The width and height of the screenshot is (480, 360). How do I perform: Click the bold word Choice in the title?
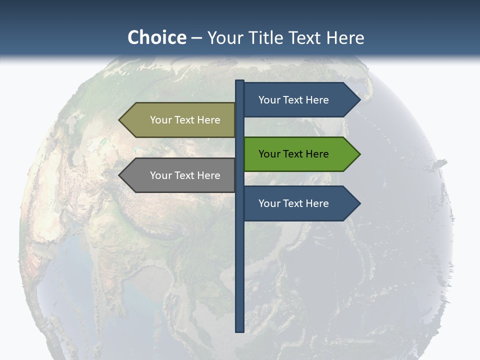(156, 37)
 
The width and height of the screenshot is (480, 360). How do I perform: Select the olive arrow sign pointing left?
(180, 120)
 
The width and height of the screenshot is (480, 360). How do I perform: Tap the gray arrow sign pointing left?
(180, 175)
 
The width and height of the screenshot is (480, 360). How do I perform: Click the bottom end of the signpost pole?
(240, 330)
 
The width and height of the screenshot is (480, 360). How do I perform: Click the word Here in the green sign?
(317, 154)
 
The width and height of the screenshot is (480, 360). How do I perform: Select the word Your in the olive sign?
(160, 120)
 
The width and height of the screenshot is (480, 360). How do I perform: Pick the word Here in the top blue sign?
(317, 100)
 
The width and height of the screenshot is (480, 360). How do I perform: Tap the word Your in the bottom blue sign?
(269, 203)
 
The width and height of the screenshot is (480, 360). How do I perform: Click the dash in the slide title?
(196, 38)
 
